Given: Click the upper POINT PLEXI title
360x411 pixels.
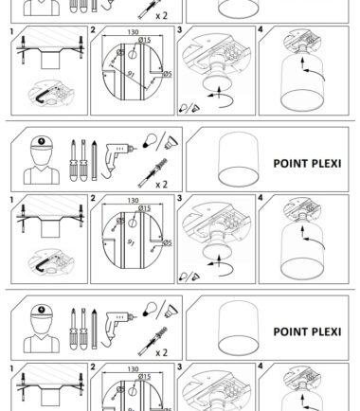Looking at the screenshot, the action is pyautogui.click(x=307, y=164).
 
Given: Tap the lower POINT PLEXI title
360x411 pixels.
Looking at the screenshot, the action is pyautogui.click(x=307, y=331).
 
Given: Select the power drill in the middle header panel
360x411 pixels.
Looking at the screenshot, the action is pyautogui.click(x=118, y=160).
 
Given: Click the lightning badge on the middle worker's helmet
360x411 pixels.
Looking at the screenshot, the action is pyautogui.click(x=42, y=141).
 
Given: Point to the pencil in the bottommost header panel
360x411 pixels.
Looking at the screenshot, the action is pyautogui.click(x=94, y=329).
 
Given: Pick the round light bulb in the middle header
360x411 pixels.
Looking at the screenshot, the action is pyautogui.click(x=149, y=140).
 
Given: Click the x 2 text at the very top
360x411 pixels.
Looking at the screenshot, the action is pyautogui.click(x=161, y=16).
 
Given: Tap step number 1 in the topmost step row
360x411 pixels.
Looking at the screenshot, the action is pyautogui.click(x=11, y=32).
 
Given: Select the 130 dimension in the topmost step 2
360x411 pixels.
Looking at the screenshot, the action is pyautogui.click(x=133, y=32).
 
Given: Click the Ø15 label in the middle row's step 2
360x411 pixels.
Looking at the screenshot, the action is pyautogui.click(x=144, y=208).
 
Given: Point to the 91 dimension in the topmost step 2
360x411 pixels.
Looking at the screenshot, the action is pyautogui.click(x=132, y=74).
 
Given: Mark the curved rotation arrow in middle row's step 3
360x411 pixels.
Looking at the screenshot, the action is pyautogui.click(x=222, y=269).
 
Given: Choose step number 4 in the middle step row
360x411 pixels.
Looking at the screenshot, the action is pyautogui.click(x=261, y=198).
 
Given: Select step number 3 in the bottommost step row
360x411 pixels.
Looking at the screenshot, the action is pyautogui.click(x=180, y=366).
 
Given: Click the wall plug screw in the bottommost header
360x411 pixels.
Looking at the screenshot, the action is pyautogui.click(x=153, y=341).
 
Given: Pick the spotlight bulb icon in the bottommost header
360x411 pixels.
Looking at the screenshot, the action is pyautogui.click(x=171, y=312).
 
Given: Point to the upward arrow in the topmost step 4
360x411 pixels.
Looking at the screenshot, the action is pyautogui.click(x=302, y=64).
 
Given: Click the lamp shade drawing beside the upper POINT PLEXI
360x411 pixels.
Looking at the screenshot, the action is pyautogui.click(x=239, y=160).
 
